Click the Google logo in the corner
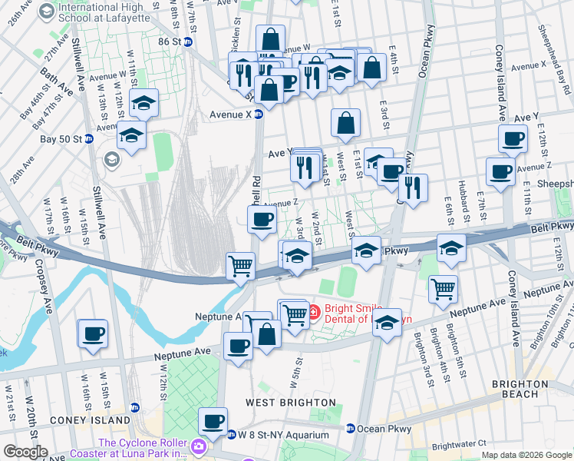coord(25,452)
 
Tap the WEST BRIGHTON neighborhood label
coord(291,403)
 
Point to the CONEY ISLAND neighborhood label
coord(91,421)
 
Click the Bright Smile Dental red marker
coord(313,313)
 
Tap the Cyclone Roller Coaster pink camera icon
coord(198,446)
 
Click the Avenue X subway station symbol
coord(259,114)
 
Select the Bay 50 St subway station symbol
coord(89,139)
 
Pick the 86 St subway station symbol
coord(186,41)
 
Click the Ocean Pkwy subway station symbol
coord(350,429)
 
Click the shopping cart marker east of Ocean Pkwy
coord(444,290)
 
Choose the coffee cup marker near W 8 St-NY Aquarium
coord(213,422)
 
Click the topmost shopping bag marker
coord(270,39)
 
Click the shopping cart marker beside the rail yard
coord(241,266)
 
